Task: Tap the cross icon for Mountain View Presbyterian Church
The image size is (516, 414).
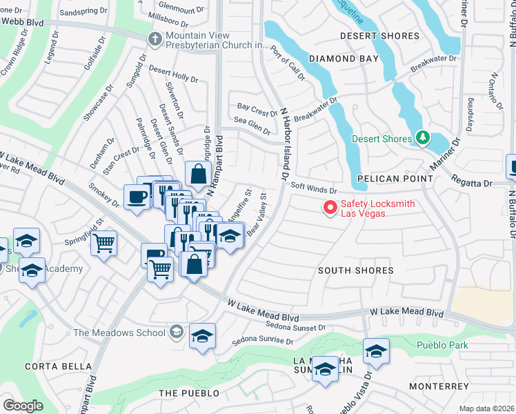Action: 155,40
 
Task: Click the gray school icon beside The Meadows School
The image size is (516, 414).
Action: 177,333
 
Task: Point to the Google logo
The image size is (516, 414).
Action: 23,406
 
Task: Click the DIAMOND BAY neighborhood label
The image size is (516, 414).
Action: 344,59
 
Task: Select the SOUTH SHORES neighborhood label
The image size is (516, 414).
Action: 355,270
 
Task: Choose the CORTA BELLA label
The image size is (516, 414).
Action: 48,366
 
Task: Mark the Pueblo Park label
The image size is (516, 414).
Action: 442,345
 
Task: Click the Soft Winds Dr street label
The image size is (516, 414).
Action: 313,188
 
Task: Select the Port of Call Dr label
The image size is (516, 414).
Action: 288,63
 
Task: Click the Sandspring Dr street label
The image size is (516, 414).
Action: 84,12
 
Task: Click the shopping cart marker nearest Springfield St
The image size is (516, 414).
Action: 103,243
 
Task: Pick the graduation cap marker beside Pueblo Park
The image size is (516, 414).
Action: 376,352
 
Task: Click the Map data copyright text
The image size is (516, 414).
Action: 486,408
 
